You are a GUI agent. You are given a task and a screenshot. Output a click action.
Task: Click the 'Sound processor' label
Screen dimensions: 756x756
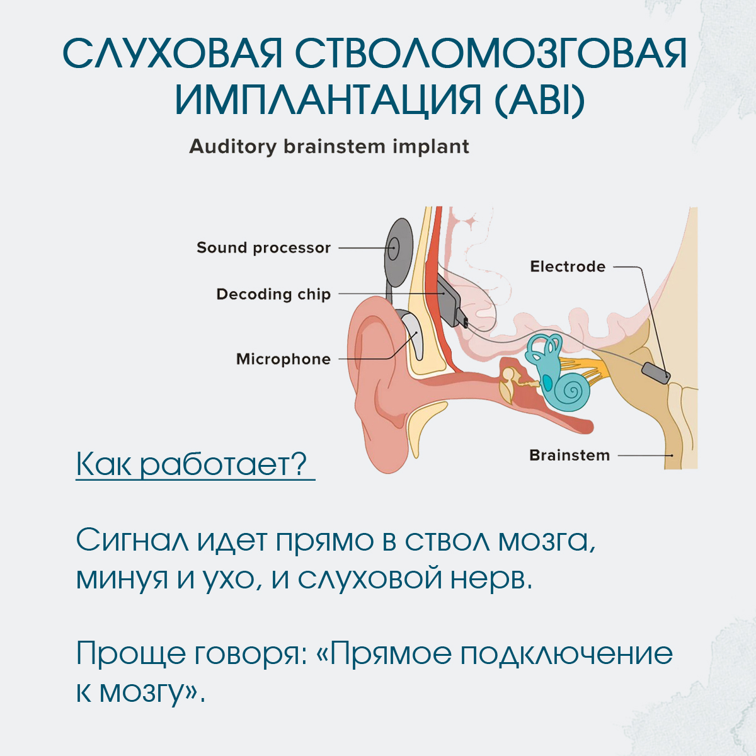tap(263, 248)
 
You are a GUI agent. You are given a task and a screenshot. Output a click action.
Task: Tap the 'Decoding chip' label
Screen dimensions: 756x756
tap(273, 294)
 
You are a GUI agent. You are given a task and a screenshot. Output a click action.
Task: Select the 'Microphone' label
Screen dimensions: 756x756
tap(283, 359)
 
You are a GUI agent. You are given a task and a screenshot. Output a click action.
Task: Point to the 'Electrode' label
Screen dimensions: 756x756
tap(567, 266)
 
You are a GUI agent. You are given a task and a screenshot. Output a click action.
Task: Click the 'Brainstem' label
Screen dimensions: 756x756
tap(569, 455)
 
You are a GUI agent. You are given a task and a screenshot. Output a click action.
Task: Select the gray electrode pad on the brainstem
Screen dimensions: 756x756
tap(656, 373)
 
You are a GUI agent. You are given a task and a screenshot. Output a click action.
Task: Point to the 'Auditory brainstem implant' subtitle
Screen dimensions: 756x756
tap(329, 147)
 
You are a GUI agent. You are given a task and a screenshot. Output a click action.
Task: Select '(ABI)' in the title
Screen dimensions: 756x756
tap(539, 100)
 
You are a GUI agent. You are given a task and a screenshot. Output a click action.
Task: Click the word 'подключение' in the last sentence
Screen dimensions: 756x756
tap(566, 654)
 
